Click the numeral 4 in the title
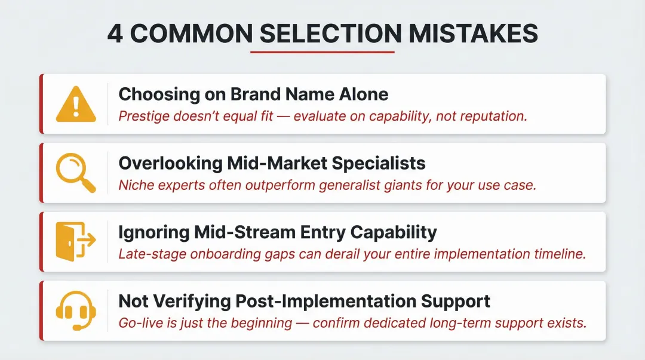click(x=116, y=34)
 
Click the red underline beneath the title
click(x=322, y=53)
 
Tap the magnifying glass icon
click(x=75, y=173)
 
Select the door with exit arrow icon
click(x=75, y=241)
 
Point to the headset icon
click(x=75, y=310)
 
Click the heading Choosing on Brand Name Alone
click(x=253, y=94)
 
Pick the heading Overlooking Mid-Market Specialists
click(x=272, y=163)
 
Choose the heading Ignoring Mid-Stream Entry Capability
click(x=278, y=232)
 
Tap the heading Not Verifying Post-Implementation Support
click(x=304, y=301)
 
